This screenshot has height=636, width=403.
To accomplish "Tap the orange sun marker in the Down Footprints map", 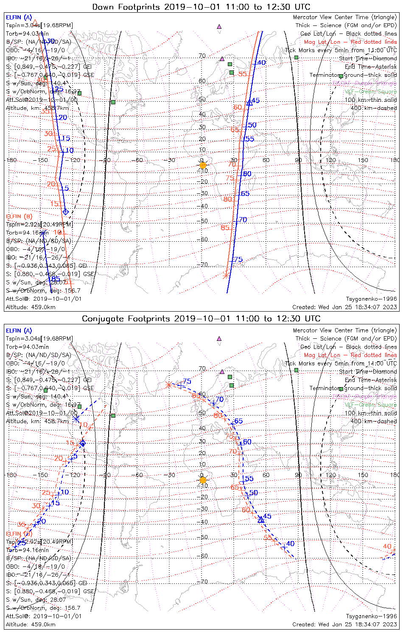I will (x=203, y=165).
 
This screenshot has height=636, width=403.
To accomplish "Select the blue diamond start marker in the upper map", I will (x=65, y=212).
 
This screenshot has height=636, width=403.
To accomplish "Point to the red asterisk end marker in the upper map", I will (x=226, y=276).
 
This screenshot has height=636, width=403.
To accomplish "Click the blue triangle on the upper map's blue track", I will (x=249, y=103).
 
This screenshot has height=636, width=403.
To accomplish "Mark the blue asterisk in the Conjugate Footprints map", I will (x=76, y=419).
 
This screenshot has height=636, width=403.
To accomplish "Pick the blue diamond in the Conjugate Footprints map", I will (x=83, y=444).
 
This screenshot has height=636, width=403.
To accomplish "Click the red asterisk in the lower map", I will (x=168, y=385).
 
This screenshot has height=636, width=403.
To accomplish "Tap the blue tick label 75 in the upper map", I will (x=238, y=259).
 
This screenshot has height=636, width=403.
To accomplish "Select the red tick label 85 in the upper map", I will (x=225, y=228).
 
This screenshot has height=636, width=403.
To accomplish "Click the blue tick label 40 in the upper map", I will (x=261, y=62).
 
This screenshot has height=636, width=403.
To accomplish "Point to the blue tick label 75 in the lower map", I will (x=187, y=382).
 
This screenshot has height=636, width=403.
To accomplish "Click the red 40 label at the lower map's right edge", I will (x=387, y=546).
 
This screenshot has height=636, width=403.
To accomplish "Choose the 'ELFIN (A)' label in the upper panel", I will (x=19, y=17).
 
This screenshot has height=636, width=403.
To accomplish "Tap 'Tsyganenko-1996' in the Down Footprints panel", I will (x=371, y=299).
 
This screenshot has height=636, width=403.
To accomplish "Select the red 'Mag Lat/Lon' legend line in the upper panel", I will (x=350, y=42).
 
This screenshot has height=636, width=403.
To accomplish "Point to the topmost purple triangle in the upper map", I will (x=219, y=26).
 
